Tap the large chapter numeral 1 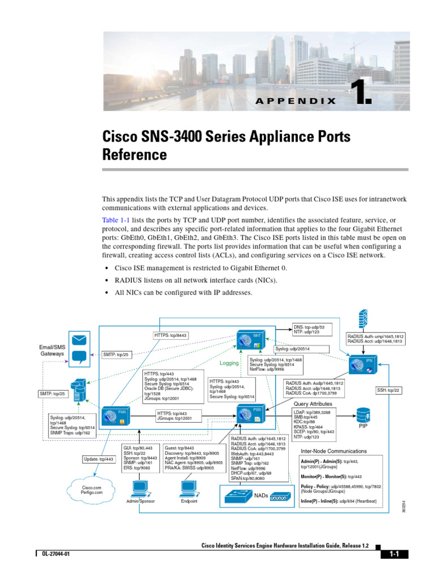(361, 93)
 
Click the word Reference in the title (134, 154)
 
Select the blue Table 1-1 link (115, 219)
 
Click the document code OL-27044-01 (55, 555)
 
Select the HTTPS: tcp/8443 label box (171, 335)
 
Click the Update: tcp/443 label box (98, 459)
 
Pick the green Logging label (229, 364)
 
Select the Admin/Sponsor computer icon (139, 487)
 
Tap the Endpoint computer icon (189, 487)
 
